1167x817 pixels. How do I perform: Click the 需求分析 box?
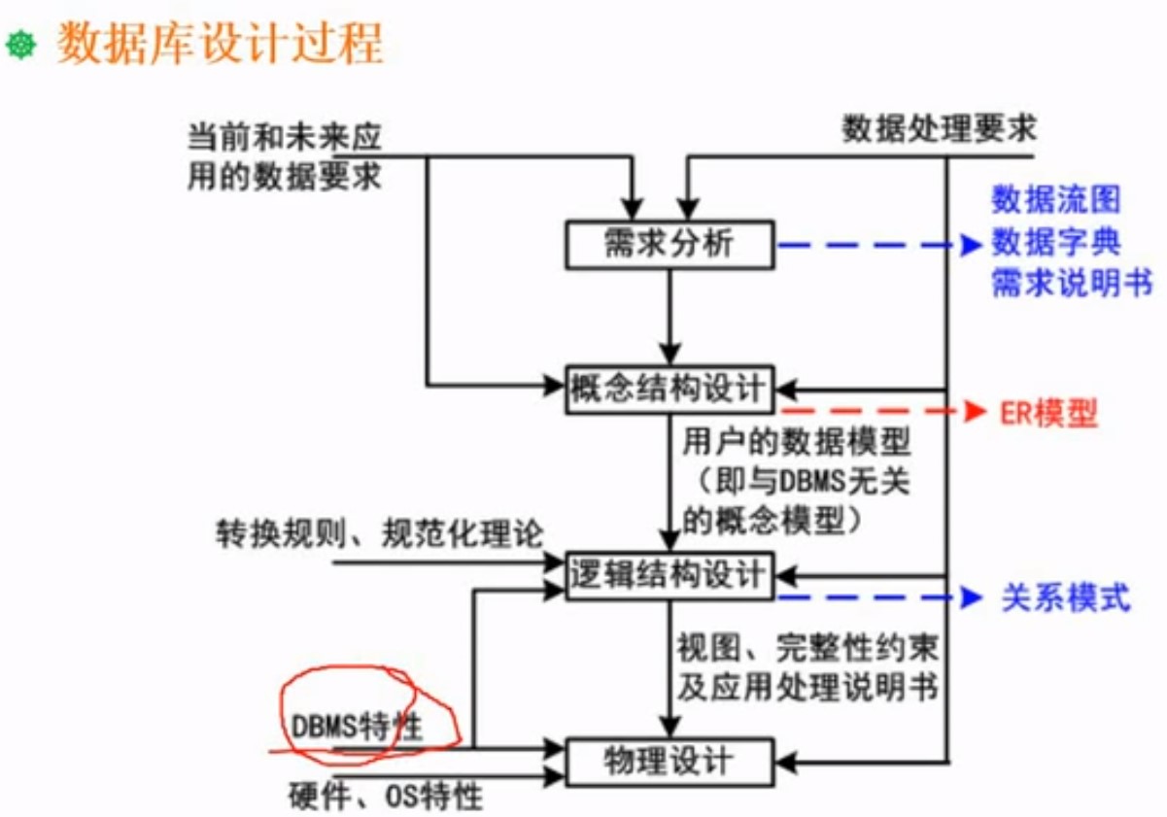click(x=669, y=244)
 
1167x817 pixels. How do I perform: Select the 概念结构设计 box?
click(x=669, y=390)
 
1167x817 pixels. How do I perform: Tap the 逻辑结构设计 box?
click(x=669, y=574)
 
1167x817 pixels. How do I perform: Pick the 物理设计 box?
click(x=669, y=762)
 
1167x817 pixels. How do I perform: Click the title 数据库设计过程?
click(x=220, y=45)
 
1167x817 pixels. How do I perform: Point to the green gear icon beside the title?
click(x=20, y=45)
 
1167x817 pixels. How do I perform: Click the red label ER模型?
click(x=1048, y=415)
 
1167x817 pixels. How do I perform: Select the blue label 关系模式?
click(x=1065, y=597)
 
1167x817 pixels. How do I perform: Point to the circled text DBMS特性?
click(x=358, y=726)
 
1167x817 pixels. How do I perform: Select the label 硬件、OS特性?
click(x=386, y=797)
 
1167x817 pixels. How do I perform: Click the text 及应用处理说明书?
click(x=807, y=688)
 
